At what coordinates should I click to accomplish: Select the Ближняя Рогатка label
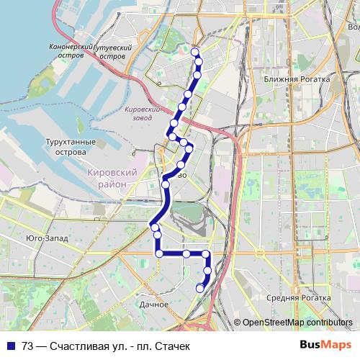click(x=296, y=79)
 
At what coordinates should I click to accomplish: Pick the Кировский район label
click(x=111, y=179)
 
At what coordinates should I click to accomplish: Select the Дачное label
click(x=155, y=304)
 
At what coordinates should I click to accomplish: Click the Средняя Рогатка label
click(x=292, y=297)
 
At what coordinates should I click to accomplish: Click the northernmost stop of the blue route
click(x=195, y=52)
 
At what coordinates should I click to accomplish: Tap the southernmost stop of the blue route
click(x=200, y=288)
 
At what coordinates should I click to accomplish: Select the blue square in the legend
click(x=10, y=346)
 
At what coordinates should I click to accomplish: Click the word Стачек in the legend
click(x=175, y=346)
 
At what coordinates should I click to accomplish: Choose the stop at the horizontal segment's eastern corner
click(x=207, y=253)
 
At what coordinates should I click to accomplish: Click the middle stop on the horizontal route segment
click(x=186, y=253)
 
